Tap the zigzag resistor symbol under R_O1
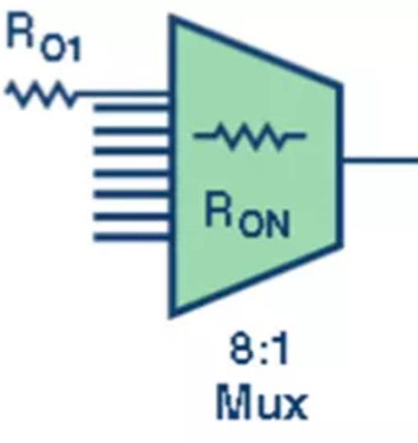point(41,93)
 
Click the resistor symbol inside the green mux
point(249,136)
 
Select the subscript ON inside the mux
point(264,224)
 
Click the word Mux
point(262,401)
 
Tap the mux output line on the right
point(380,162)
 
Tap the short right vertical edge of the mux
point(340,165)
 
